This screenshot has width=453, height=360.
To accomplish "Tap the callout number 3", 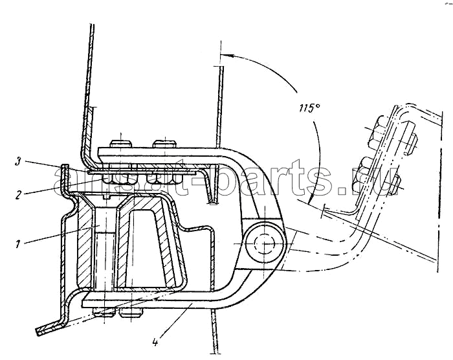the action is pyautogui.click(x=18, y=162).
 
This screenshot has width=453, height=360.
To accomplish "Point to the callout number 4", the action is pyautogui.click(x=155, y=343).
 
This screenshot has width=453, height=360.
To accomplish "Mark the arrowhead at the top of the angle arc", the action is pyautogui.click(x=224, y=55).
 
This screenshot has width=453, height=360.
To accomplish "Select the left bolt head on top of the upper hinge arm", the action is pyautogui.click(x=121, y=144).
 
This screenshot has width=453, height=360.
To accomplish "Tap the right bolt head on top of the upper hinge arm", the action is pyautogui.click(x=164, y=144).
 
